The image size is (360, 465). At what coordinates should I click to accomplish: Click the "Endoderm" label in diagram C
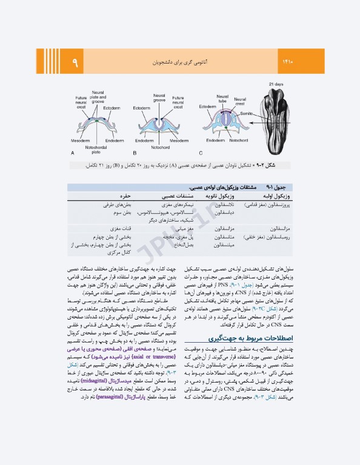[x=215, y=140]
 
